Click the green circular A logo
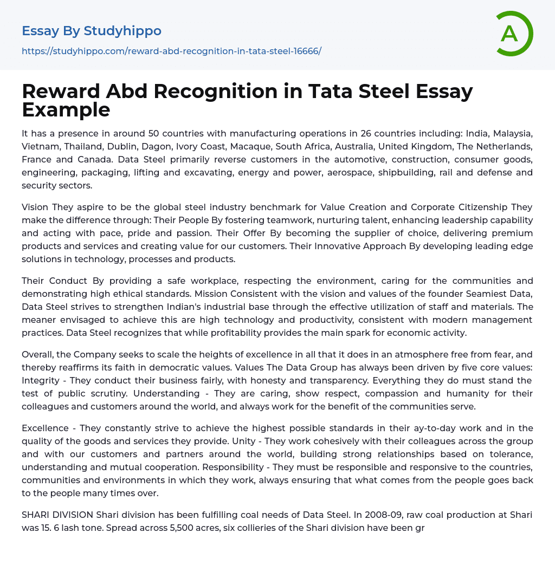click(514, 34)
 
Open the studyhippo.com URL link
click(171, 51)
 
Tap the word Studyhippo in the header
click(122, 31)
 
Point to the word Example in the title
click(66, 110)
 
